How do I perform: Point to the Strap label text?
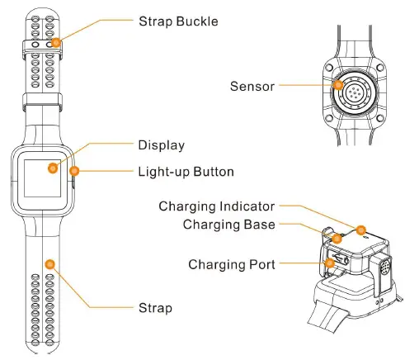click(155, 308)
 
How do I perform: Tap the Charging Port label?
click(232, 265)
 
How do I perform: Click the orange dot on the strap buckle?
click(55, 42)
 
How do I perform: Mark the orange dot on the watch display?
click(52, 168)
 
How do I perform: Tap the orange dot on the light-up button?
click(74, 172)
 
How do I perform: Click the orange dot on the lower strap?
click(49, 263)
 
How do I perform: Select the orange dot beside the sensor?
click(337, 84)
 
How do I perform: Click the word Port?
click(261, 265)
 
